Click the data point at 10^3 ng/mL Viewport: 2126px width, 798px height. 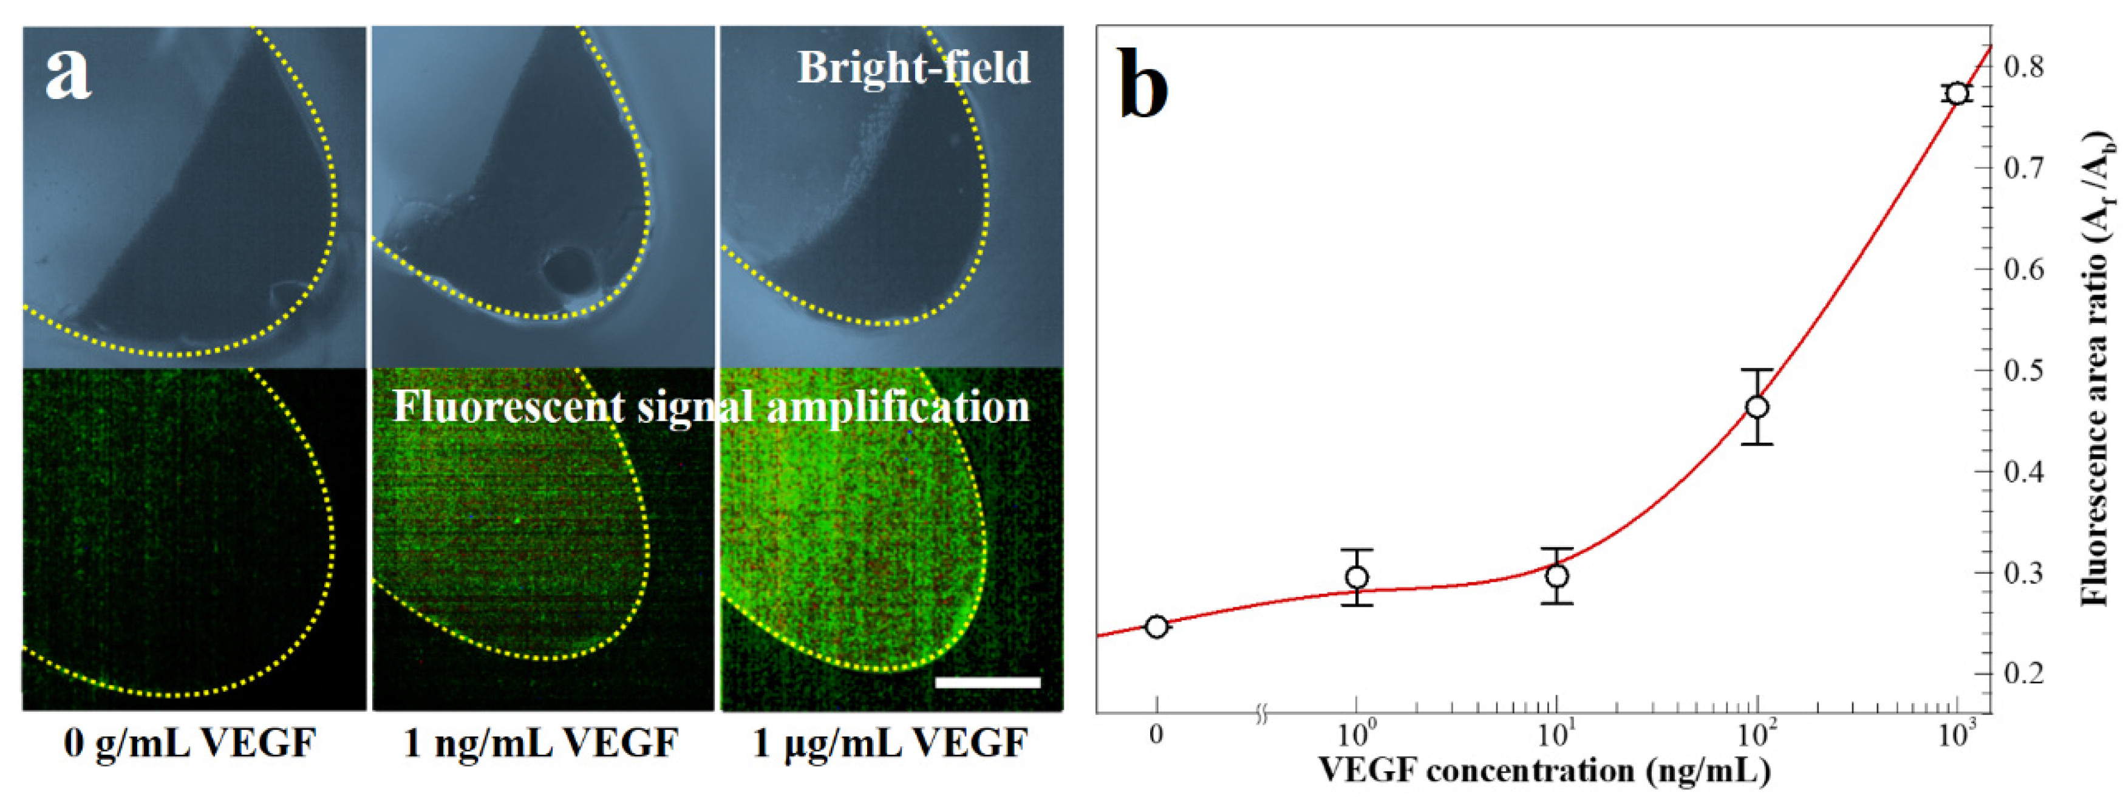pos(1956,94)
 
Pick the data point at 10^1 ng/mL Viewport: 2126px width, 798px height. pos(1556,576)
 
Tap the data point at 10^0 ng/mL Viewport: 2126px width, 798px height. pos(1357,577)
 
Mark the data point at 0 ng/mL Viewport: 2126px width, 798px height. pos(1157,626)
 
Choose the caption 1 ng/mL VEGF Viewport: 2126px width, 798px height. pos(540,743)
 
